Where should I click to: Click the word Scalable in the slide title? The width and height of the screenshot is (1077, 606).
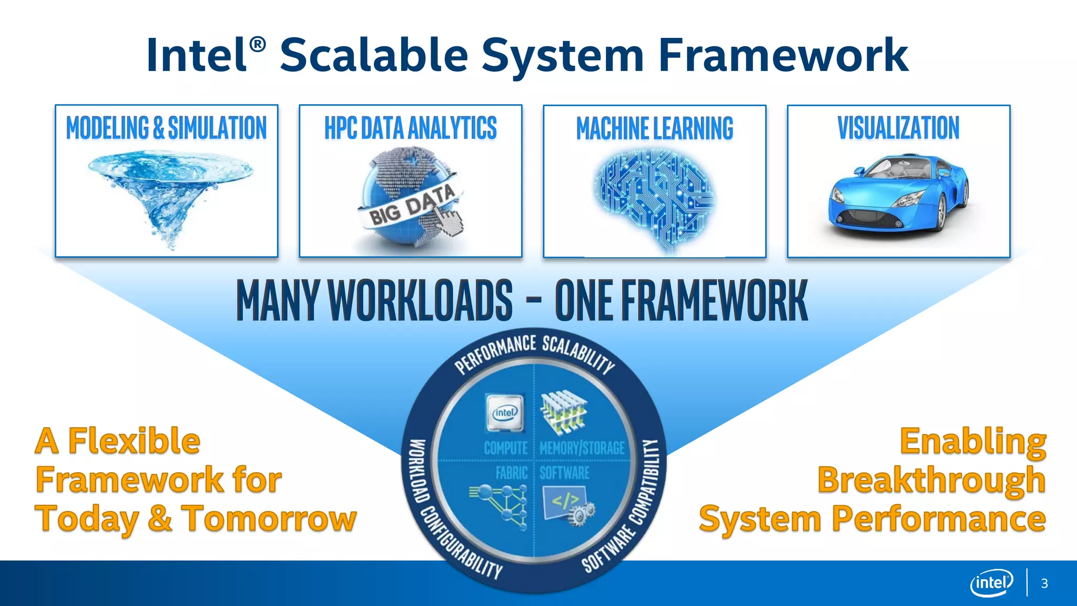(373, 55)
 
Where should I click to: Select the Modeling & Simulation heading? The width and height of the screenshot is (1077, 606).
(166, 128)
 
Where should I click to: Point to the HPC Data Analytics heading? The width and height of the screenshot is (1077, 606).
(410, 128)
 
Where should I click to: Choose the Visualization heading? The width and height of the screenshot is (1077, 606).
(898, 128)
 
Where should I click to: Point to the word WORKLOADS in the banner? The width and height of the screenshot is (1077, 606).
(420, 300)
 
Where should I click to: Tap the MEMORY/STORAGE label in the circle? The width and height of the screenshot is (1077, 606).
(582, 448)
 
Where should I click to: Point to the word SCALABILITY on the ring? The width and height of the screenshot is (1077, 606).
(578, 353)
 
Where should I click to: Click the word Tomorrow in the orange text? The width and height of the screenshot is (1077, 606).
(269, 519)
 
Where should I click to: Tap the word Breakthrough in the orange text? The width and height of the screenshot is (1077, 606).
(931, 480)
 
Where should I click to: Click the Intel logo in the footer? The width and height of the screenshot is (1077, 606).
(991, 583)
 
